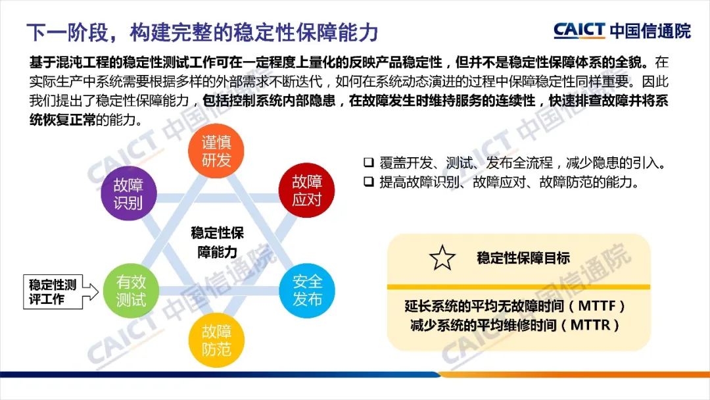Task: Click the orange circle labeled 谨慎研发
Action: coord(216,151)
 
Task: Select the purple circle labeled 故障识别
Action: coord(129,193)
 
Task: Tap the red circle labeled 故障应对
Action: coord(306,190)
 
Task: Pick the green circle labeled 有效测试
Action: coord(131,290)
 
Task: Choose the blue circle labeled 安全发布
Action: coord(307,290)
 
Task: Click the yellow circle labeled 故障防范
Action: coord(216,339)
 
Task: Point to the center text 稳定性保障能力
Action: coord(218,242)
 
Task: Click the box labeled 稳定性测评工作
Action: coord(53,291)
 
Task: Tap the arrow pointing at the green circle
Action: coord(91,291)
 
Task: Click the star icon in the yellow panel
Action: coord(442,258)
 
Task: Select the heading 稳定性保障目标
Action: coord(523,258)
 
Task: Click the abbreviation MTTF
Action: coord(597,306)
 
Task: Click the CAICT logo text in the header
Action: coord(579,30)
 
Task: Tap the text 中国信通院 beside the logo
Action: coord(650,30)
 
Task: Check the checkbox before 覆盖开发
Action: coord(369,162)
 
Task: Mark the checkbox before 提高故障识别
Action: coord(369,182)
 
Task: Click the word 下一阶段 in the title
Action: coord(67,32)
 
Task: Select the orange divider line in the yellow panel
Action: coord(519,287)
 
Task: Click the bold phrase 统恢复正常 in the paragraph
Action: coord(62,120)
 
